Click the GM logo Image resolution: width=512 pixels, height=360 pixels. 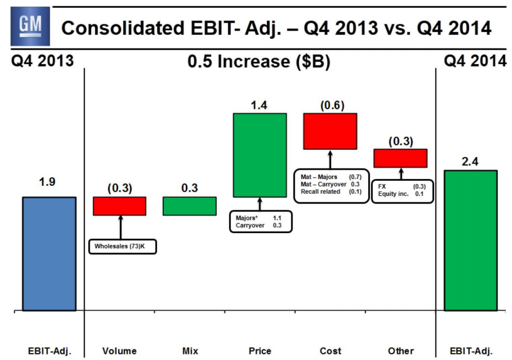27,27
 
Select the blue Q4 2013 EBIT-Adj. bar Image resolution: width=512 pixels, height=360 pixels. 49,254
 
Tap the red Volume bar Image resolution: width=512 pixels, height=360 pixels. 119,206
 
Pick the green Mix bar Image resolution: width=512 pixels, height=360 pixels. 190,206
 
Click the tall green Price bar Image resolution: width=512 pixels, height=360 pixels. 260,155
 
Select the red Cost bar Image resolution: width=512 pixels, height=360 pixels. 330,131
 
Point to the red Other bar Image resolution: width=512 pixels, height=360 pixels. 400,158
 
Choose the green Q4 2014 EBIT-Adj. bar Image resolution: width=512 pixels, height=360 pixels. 470,240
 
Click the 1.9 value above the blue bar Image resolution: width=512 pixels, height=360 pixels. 49,183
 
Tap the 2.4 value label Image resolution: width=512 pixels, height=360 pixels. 470,161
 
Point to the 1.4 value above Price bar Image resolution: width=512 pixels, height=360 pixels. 260,104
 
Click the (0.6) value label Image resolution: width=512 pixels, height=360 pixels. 330,105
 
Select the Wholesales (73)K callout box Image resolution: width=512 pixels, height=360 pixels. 122,247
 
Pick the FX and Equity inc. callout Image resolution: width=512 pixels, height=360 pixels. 403,191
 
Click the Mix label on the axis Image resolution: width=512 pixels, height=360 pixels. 190,351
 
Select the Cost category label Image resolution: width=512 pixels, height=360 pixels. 330,351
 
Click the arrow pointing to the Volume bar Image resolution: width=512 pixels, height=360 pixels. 120,228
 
